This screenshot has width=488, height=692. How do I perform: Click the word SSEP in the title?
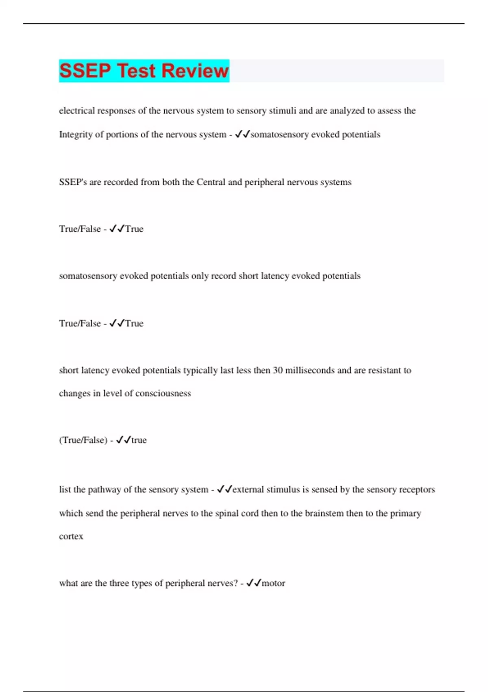(85, 70)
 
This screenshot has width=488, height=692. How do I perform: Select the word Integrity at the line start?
(76, 135)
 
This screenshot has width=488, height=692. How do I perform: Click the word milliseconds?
(310, 370)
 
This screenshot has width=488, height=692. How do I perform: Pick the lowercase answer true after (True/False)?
(139, 440)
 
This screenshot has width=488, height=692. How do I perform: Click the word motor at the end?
(273, 583)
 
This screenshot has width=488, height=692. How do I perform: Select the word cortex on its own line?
(71, 537)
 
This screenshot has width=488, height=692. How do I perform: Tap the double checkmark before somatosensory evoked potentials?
(242, 134)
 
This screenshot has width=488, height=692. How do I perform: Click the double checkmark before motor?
(254, 583)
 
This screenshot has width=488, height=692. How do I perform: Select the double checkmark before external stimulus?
(224, 489)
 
